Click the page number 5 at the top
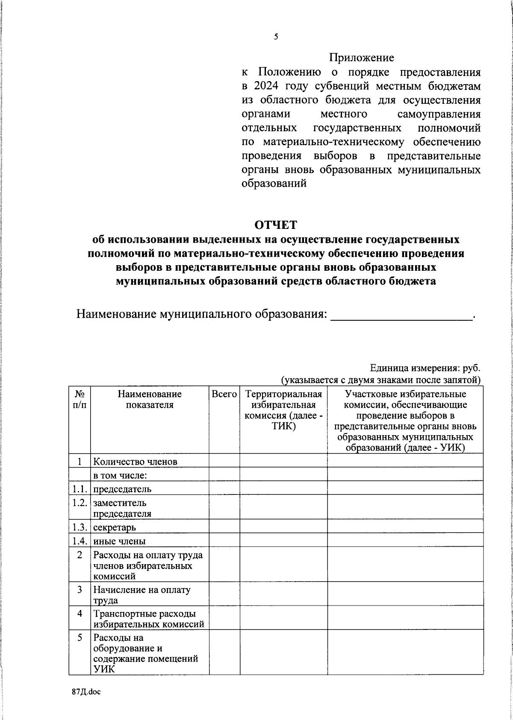point(276,37)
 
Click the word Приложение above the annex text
point(361,57)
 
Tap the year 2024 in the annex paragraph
point(267,86)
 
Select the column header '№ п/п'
point(80,399)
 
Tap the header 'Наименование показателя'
point(150,399)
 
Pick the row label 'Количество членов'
point(136,461)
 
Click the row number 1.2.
point(80,503)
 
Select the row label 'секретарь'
point(115,527)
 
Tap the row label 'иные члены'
point(120,541)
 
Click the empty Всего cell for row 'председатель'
point(224,488)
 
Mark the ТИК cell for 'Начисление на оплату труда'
point(283,595)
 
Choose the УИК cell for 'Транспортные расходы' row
point(405,619)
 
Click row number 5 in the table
point(80,638)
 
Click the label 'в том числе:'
point(121,475)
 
